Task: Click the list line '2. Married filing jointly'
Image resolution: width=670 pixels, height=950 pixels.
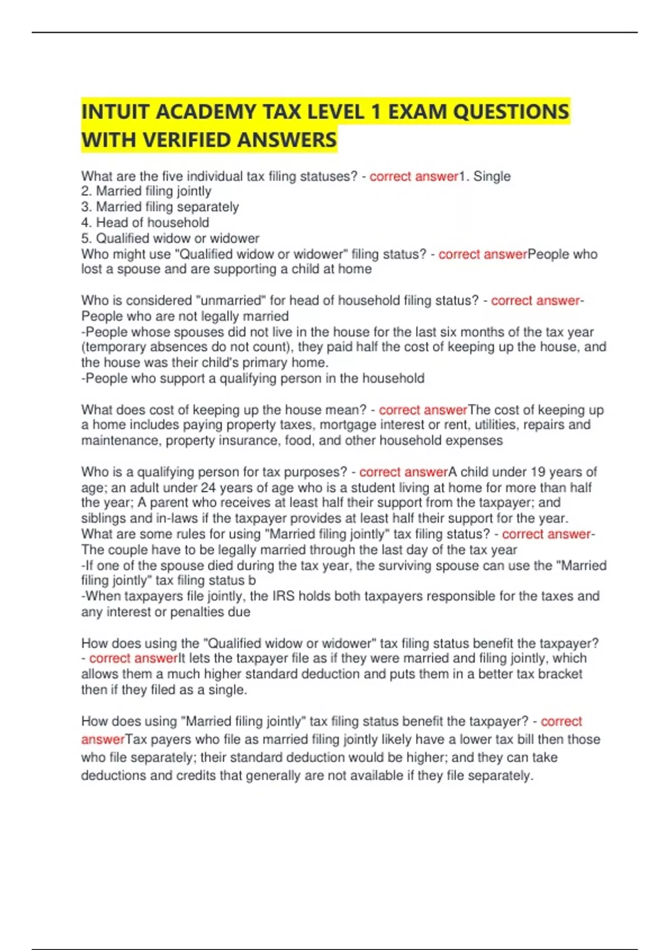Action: (146, 192)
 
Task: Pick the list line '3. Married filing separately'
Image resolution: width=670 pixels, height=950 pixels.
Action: (160, 207)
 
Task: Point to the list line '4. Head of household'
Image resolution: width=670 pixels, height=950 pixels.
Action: (145, 222)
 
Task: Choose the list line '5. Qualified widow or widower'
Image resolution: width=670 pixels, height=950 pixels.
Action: (170, 239)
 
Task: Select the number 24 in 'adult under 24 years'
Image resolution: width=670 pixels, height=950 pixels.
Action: (208, 487)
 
